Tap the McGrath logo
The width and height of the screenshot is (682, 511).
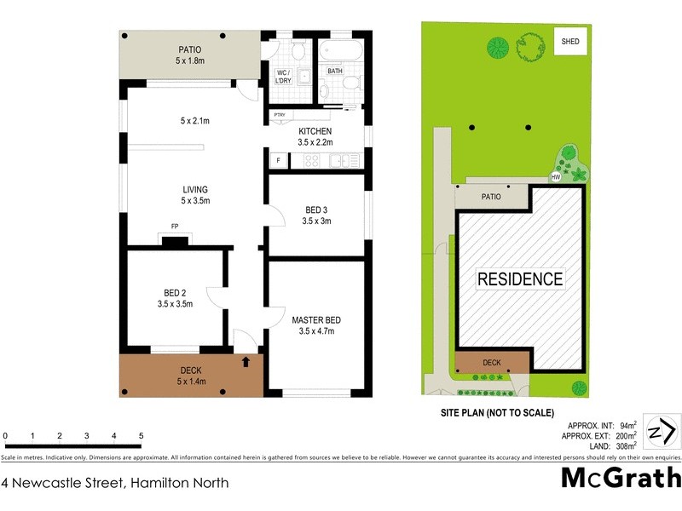coord(621,478)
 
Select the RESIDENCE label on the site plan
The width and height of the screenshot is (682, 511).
coord(519,278)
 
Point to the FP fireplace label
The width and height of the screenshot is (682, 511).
coord(175,227)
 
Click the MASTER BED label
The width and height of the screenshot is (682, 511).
coord(316,320)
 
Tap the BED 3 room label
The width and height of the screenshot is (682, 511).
coord(316,210)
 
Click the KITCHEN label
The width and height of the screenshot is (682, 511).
coord(315,130)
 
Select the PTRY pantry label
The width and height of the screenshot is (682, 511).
coord(279,115)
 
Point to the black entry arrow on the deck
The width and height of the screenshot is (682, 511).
coord(246,362)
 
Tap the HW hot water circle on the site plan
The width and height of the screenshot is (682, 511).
coord(556,177)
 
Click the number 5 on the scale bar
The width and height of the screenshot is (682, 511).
coord(141,436)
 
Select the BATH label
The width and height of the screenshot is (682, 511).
coord(335,72)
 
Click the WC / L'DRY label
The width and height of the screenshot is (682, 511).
coord(283,76)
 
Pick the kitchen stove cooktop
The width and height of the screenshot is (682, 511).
coord(311,159)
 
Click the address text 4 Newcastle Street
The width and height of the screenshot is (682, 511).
coord(63,483)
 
